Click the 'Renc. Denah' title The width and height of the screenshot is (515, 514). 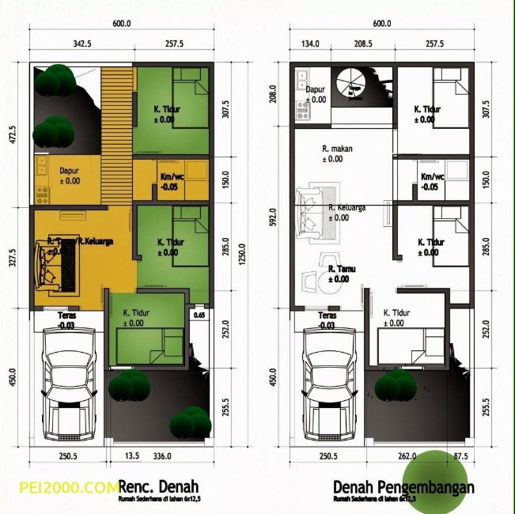click(158, 486)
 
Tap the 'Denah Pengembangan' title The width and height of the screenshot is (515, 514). click(403, 486)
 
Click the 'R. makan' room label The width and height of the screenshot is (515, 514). click(336, 149)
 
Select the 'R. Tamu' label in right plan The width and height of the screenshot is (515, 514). click(342, 269)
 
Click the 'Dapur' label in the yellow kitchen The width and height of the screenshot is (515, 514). click(68, 170)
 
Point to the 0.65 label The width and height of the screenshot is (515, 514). click(199, 316)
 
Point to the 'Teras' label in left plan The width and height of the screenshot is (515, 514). click(67, 316)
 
